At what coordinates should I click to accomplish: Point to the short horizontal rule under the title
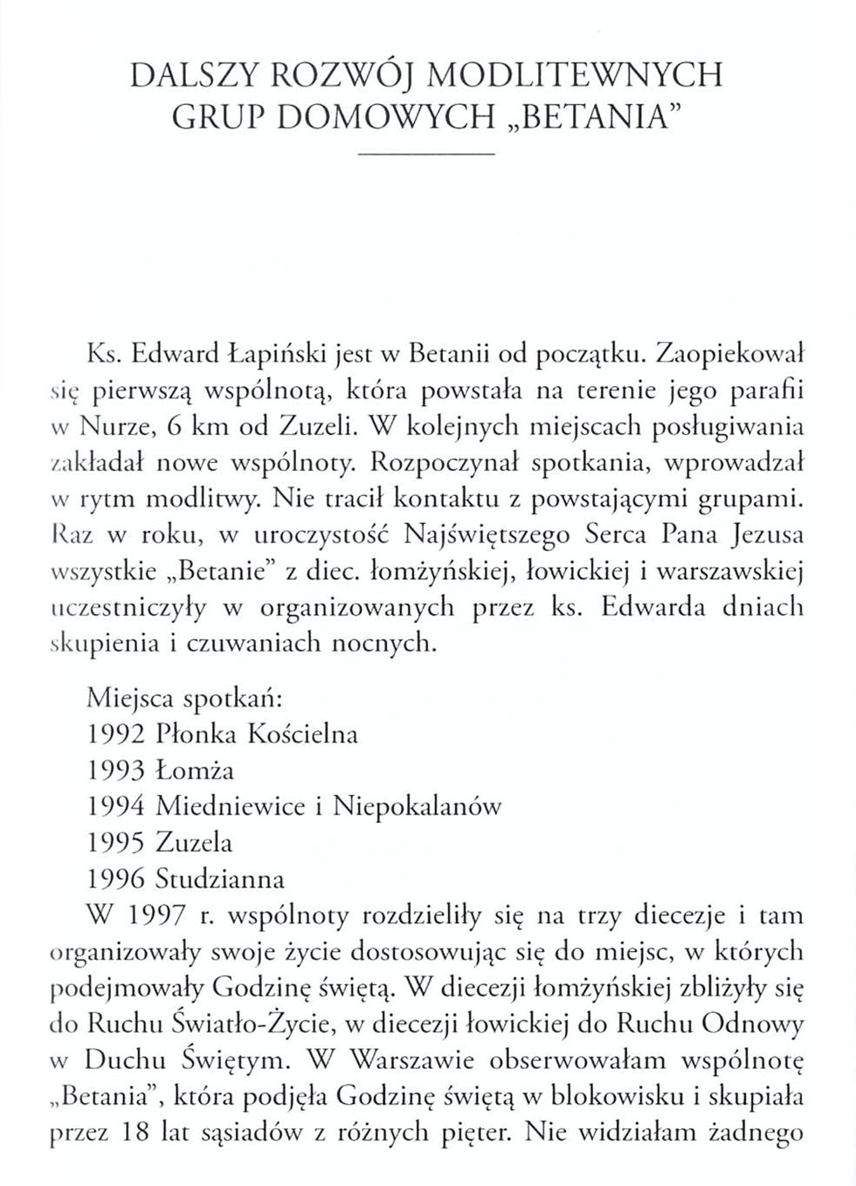pos(427,155)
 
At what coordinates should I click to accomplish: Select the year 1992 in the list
pos(119,734)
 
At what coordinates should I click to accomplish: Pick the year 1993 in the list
pos(119,770)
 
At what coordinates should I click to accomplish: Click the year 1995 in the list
pos(119,843)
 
